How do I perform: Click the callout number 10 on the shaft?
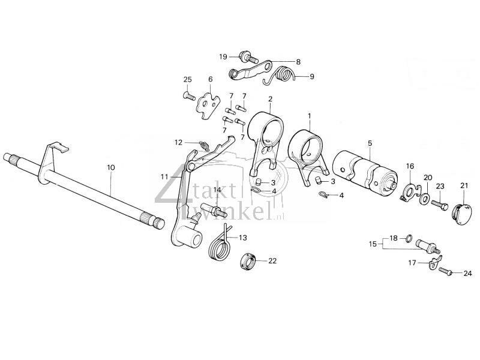(110, 169)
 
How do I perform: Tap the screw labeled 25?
(187, 94)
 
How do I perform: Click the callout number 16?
(410, 166)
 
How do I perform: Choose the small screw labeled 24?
(446, 271)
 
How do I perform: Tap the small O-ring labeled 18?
(409, 240)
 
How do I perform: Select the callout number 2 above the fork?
(271, 99)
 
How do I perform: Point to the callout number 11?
(164, 176)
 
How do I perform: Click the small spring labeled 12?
(205, 145)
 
